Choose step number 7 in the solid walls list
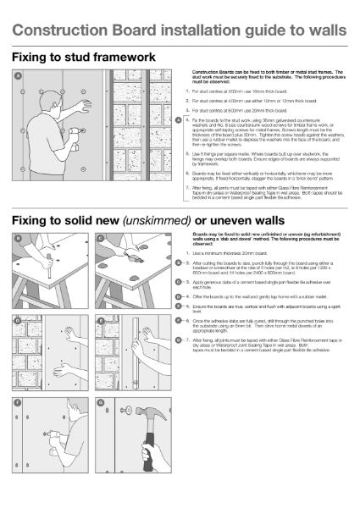(187, 362)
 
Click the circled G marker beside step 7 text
(178, 362)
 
